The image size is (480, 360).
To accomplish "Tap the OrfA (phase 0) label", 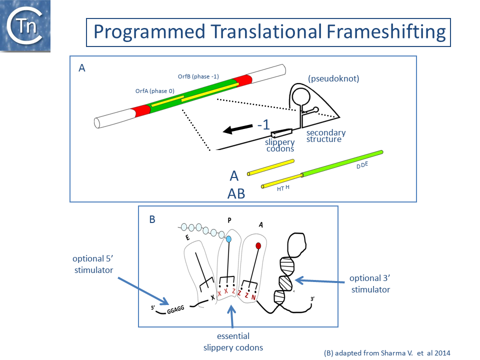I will pyautogui.click(x=154, y=91).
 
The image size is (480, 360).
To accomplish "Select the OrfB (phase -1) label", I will pyautogui.click(x=198, y=76).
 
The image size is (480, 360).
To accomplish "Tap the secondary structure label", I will pyautogui.click(x=326, y=135).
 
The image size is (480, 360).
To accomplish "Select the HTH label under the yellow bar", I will pyautogui.click(x=282, y=188).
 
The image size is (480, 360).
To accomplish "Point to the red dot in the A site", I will pyautogui.click(x=258, y=245).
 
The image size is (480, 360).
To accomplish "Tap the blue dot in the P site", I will pyautogui.click(x=229, y=240).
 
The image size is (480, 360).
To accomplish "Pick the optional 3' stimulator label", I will pyautogui.click(x=369, y=283).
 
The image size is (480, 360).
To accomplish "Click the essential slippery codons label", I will pyautogui.click(x=233, y=341).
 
